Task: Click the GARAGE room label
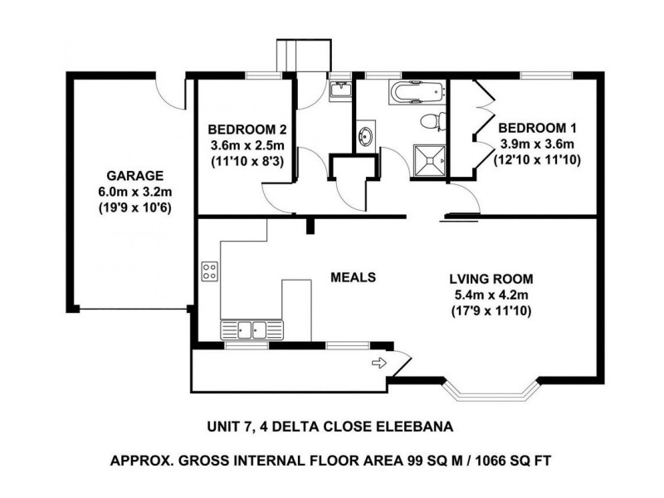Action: click(x=128, y=176)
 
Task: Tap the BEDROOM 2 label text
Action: click(x=247, y=129)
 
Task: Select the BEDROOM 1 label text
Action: click(x=537, y=129)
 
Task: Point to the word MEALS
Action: click(x=354, y=277)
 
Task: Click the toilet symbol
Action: click(x=430, y=122)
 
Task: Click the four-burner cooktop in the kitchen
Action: click(x=210, y=271)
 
